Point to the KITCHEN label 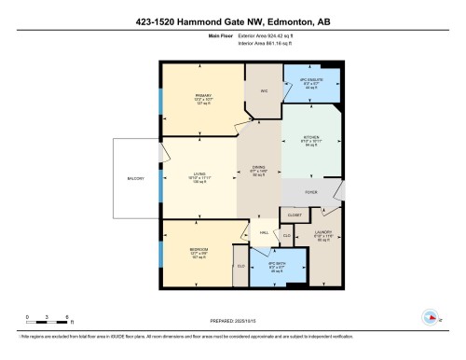click(312, 137)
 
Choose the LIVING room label click(199, 174)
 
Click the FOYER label click(311, 193)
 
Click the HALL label click(264, 232)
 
